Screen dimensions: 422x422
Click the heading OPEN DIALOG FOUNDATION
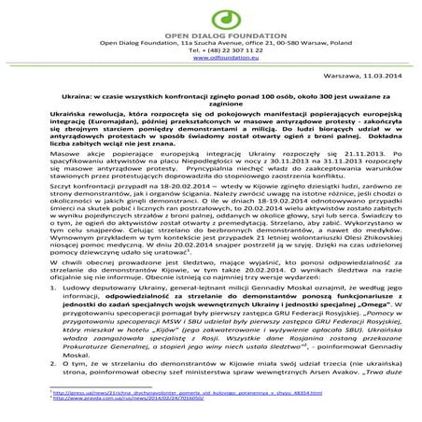[x=210, y=35]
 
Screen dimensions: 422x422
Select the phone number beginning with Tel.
[x=210, y=49]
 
